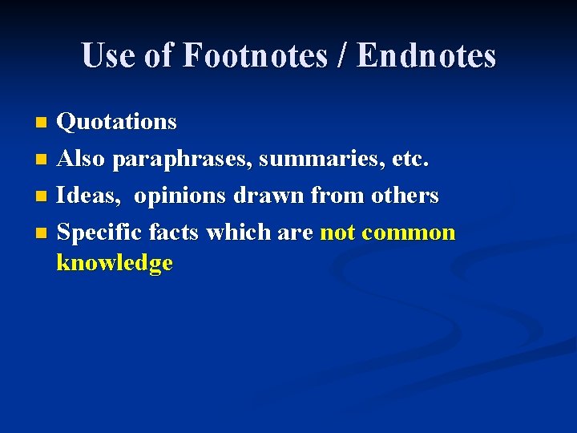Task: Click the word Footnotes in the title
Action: [x=254, y=56]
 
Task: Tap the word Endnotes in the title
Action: [x=426, y=56]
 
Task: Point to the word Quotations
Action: [x=117, y=122]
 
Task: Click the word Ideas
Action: [x=89, y=196]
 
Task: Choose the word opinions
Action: [x=180, y=196]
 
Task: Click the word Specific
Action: [x=100, y=233]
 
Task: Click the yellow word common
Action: [x=409, y=233]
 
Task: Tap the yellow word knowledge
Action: [x=115, y=263]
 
